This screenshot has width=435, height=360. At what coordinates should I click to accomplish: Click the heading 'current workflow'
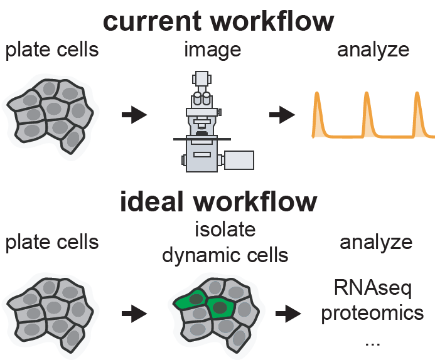[x=218, y=21]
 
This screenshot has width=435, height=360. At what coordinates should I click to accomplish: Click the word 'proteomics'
[x=372, y=313]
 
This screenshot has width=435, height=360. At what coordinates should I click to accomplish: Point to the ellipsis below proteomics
[x=372, y=342]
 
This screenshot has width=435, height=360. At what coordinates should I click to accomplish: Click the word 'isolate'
[x=225, y=230]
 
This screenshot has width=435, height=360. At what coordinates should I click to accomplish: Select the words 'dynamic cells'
[x=225, y=255]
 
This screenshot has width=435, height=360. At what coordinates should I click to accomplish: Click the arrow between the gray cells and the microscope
[x=134, y=115]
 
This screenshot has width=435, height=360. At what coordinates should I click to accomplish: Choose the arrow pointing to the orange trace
[x=282, y=115]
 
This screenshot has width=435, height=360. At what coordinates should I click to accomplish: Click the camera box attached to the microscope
[x=238, y=160]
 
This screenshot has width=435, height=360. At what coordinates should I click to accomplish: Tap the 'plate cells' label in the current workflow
[x=52, y=50]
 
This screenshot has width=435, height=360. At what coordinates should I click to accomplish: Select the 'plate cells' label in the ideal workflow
[x=52, y=242]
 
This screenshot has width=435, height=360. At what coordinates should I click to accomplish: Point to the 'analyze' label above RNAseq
[x=375, y=243]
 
